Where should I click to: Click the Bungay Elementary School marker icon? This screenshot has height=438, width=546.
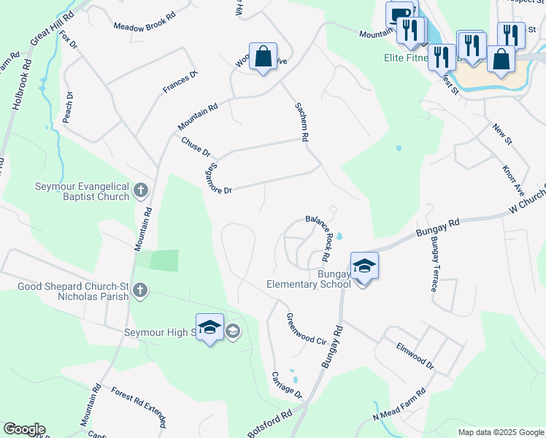[x=364, y=266]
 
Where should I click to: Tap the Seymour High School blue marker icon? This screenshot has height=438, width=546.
[x=209, y=328]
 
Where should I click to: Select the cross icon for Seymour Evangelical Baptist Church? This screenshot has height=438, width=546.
[x=142, y=192]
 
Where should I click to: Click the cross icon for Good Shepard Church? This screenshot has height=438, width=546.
[x=140, y=291]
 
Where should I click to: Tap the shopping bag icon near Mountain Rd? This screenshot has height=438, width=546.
[x=263, y=57]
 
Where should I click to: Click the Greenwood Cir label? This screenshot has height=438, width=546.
[x=306, y=329]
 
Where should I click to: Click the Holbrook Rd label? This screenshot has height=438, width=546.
[x=23, y=84]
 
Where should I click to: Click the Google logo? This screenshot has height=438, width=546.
[x=24, y=429]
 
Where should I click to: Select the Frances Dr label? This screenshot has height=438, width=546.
[x=180, y=82]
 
